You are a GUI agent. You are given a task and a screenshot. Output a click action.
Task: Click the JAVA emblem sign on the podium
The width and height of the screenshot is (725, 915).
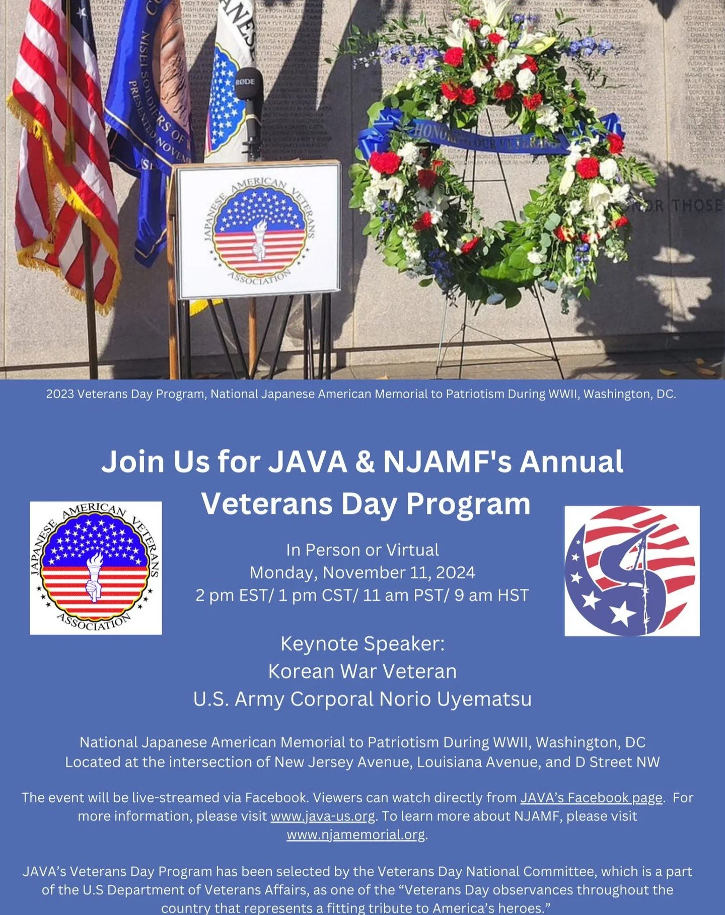click(258, 231)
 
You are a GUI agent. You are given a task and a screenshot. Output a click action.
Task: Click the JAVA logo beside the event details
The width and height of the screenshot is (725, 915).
click(96, 568)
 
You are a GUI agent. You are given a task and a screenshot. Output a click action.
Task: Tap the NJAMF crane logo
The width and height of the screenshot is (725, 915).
click(632, 571)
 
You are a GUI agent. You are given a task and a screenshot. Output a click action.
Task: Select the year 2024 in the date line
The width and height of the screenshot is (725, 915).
click(456, 573)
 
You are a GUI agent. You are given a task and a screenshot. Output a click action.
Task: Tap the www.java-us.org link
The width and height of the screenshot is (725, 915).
click(323, 816)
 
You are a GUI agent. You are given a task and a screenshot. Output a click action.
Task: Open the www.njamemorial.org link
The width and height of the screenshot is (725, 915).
click(356, 834)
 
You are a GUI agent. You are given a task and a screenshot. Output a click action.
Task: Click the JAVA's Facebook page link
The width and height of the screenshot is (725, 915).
click(591, 798)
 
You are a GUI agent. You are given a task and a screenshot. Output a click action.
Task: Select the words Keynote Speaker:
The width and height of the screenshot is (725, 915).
click(362, 644)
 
